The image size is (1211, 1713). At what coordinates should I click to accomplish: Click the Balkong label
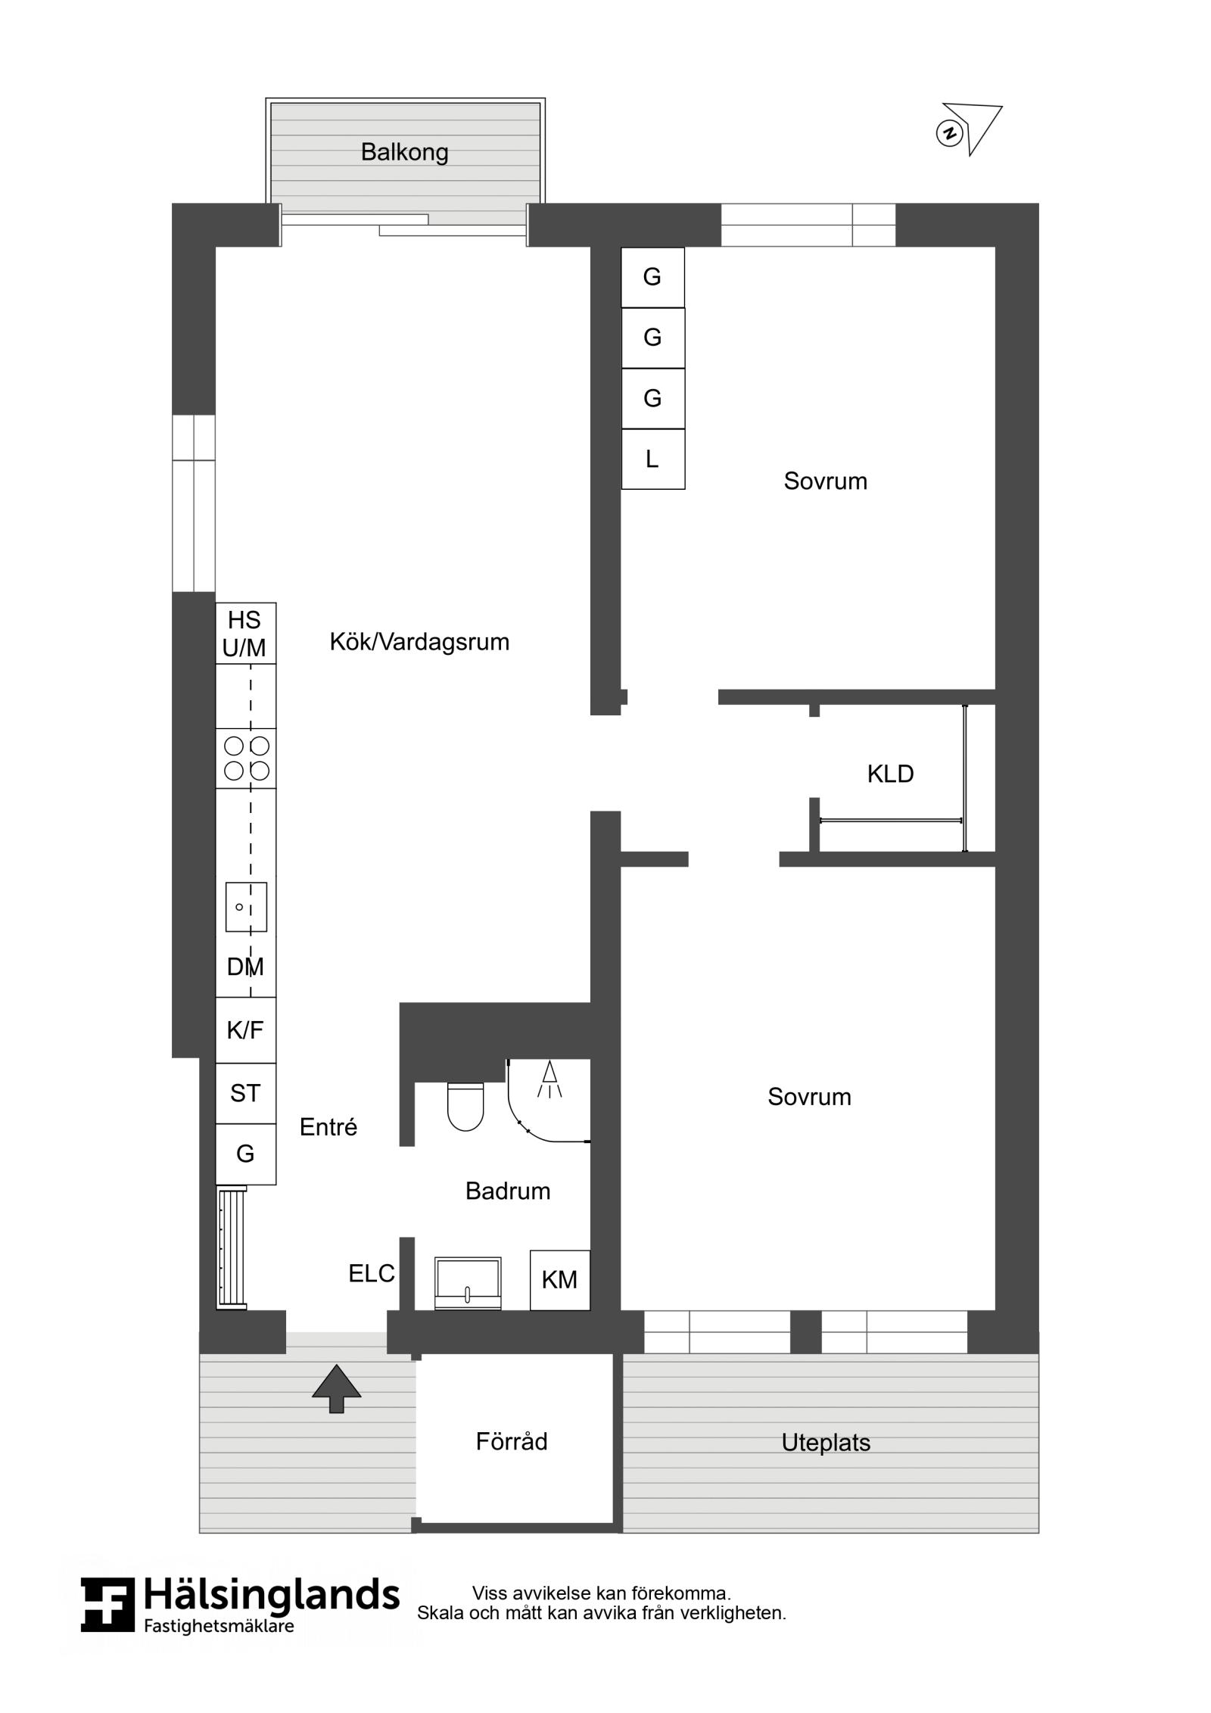click(404, 153)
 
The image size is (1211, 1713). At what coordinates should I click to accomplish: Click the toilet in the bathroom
click(465, 1106)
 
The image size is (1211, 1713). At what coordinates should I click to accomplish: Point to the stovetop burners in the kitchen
click(246, 758)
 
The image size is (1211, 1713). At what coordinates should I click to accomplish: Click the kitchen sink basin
click(246, 907)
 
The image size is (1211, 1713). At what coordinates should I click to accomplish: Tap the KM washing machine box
click(559, 1280)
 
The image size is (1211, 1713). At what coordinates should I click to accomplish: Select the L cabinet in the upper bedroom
click(652, 459)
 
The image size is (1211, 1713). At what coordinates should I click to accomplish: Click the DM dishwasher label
click(245, 967)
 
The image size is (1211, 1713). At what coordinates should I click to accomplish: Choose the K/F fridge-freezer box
click(246, 1030)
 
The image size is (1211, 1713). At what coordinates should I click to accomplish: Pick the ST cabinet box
click(246, 1093)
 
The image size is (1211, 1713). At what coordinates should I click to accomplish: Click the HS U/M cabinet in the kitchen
click(246, 634)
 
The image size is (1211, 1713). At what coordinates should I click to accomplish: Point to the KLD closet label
click(890, 774)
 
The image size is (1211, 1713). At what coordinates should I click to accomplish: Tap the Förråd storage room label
click(512, 1441)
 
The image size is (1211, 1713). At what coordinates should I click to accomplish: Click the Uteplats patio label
click(826, 1443)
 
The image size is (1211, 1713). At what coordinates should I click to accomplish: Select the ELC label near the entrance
click(372, 1274)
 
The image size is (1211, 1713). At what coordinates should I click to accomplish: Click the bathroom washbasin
click(468, 1283)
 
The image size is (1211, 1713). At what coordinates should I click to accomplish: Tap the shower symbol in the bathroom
click(550, 1079)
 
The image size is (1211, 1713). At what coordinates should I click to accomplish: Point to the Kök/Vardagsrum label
click(419, 643)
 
